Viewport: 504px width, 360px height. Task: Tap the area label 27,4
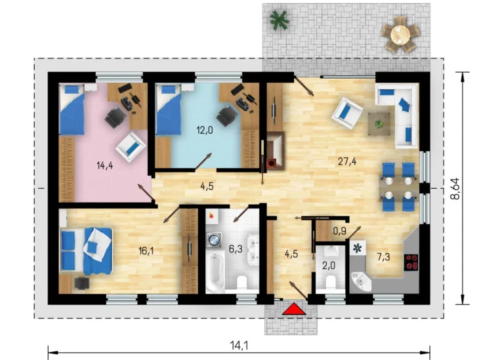click(x=347, y=161)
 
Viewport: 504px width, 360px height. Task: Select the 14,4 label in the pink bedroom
click(x=105, y=166)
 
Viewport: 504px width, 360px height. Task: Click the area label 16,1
click(x=146, y=250)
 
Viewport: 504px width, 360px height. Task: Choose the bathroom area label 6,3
click(x=236, y=249)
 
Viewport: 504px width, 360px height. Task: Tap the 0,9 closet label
click(x=339, y=231)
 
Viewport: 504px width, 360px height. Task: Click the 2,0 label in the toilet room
click(x=329, y=266)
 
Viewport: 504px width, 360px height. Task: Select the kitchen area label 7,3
click(x=383, y=257)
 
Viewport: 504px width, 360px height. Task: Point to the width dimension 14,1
click(x=239, y=345)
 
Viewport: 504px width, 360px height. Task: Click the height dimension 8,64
click(x=455, y=189)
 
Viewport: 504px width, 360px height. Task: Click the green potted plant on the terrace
click(x=279, y=20)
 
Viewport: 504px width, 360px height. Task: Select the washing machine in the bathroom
click(x=214, y=239)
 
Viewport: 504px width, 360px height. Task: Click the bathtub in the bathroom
click(x=214, y=272)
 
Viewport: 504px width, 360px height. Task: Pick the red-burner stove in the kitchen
click(x=411, y=262)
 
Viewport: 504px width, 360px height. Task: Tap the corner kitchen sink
click(x=360, y=282)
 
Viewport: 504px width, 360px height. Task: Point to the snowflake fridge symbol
click(x=357, y=248)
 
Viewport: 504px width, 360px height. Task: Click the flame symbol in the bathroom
click(x=211, y=215)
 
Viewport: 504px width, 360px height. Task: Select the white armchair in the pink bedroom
click(x=131, y=147)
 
